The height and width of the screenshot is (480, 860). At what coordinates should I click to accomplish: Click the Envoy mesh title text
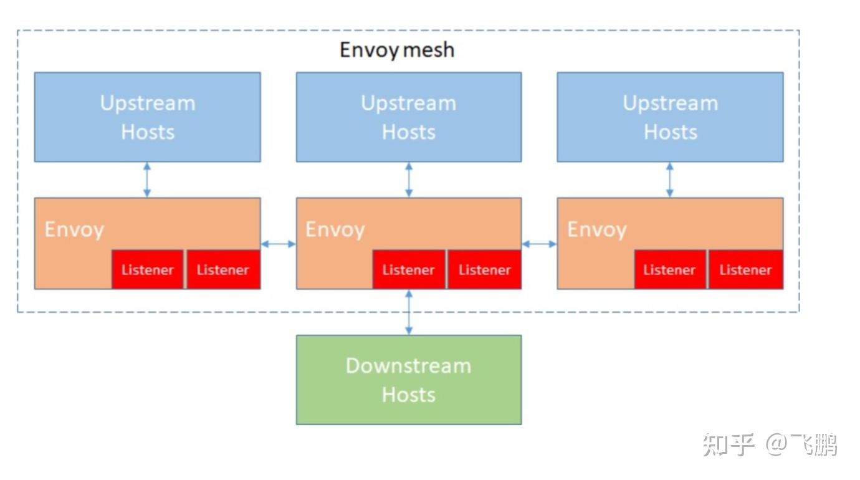[396, 50]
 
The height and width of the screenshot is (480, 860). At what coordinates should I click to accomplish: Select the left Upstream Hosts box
[147, 117]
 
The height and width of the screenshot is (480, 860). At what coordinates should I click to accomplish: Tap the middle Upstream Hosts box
[408, 117]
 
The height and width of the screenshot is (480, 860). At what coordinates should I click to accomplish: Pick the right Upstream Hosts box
[670, 117]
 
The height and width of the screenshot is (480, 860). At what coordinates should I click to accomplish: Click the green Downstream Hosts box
[408, 380]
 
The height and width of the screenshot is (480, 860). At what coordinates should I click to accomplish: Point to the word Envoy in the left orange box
[74, 229]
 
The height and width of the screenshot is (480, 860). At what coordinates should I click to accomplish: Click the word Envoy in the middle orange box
[335, 229]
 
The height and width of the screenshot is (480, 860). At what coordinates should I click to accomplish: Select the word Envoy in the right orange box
[596, 229]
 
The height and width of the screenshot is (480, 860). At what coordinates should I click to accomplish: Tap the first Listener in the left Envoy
[148, 270]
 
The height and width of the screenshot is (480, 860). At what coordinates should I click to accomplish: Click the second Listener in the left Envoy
[223, 270]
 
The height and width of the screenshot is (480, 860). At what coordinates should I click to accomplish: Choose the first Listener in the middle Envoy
[409, 270]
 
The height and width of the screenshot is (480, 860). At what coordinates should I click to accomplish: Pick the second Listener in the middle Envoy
[484, 270]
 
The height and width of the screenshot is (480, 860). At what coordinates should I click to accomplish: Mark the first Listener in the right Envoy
[670, 270]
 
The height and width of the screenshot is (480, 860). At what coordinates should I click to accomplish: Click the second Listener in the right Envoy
[745, 270]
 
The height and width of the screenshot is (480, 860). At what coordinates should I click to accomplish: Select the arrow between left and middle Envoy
[278, 244]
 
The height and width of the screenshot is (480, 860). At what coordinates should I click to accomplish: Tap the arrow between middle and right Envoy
[539, 244]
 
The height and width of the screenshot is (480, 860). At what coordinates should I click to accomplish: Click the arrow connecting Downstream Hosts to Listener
[409, 312]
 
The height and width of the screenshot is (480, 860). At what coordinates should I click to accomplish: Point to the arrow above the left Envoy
[147, 180]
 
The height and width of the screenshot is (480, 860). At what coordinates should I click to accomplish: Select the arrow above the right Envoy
[670, 180]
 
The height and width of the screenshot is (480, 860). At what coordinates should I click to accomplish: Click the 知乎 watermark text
[728, 445]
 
